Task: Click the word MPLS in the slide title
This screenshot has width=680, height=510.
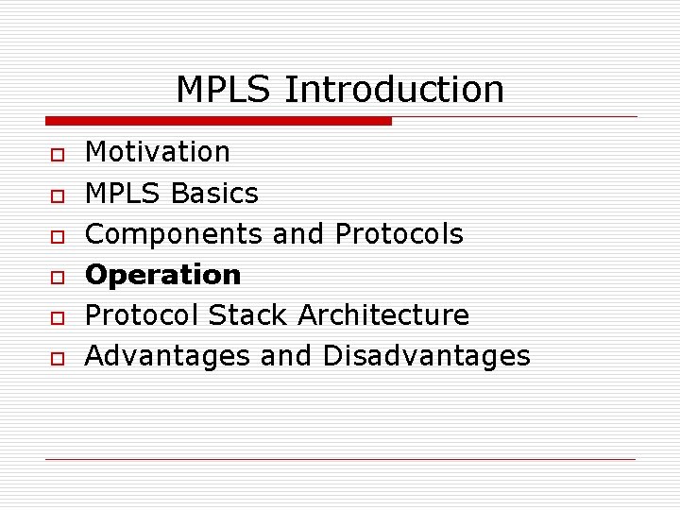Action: point(224,90)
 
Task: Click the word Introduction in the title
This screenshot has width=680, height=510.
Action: point(394,90)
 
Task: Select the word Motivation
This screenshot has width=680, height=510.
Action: point(158,152)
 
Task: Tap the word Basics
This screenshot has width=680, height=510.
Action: point(214,194)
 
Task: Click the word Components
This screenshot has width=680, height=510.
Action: point(176,234)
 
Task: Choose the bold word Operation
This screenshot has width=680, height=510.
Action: point(163,275)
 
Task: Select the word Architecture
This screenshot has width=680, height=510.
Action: point(383,315)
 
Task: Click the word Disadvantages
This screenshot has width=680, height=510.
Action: point(427,356)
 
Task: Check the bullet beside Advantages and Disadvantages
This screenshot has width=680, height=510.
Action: point(58,358)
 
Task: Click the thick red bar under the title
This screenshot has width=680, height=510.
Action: point(218,121)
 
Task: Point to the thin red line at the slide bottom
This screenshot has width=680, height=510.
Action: point(340,460)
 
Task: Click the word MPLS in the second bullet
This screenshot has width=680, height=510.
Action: point(124,194)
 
